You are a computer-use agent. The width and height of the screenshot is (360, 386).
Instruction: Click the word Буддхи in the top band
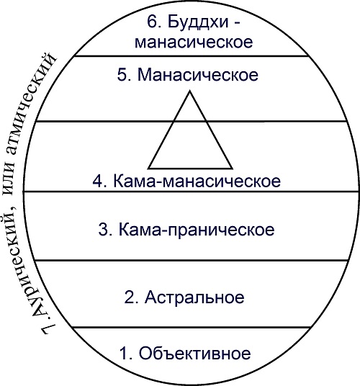pos(198,22)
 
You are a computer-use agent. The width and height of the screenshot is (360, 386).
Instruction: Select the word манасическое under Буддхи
pos(194,42)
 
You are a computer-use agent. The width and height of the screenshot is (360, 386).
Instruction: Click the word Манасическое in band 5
pos(198,75)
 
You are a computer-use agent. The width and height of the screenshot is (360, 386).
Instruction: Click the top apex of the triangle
pos(189,91)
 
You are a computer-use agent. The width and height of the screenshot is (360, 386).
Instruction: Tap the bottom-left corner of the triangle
pos(148,169)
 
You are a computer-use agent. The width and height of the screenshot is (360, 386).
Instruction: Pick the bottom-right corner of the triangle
pos(233,169)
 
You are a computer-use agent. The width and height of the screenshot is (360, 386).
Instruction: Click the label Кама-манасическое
pos(197,181)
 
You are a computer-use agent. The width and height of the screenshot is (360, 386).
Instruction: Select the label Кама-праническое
pos(197,230)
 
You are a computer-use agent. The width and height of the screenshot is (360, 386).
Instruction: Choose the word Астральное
pos(194,297)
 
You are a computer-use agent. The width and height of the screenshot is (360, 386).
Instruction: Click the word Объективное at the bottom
pos(195,354)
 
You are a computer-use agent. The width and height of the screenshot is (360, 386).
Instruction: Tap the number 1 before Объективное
pos(125,354)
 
